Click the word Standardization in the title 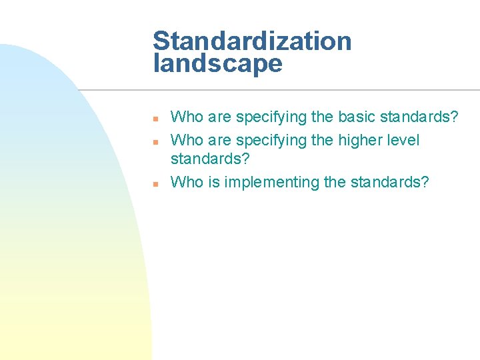252,41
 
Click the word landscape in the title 217,64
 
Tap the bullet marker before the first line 154,119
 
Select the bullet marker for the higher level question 154,142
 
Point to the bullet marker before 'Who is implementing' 154,183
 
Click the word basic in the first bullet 357,117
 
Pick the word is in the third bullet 213,182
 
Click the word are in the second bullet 219,141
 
